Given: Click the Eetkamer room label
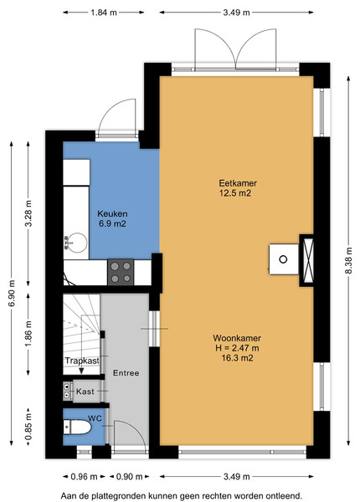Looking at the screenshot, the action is point(238,183).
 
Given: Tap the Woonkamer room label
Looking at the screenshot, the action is point(237,338).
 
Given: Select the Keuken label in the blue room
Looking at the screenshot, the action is point(112,213).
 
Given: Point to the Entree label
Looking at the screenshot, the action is point(126,373).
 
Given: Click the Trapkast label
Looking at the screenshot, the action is point(82,361).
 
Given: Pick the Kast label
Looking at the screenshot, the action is point(85,392).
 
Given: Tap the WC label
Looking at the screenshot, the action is point(95,418).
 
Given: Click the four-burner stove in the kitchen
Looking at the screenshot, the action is point(121,272).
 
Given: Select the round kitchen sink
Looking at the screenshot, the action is point(76,243).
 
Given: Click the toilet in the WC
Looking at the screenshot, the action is point(78,427).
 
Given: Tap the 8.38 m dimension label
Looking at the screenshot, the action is point(349,260).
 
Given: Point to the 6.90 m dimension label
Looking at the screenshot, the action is point(12,294).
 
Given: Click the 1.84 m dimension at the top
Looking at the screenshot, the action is point(104,13).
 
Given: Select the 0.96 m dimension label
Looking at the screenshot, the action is point(84,477).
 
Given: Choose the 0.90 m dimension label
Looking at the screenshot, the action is point(129,477).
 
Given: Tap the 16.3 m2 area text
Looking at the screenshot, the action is point(237,357).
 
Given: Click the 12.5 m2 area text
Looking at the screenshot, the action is point(235,193).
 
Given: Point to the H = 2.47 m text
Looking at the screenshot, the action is point(237,348).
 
